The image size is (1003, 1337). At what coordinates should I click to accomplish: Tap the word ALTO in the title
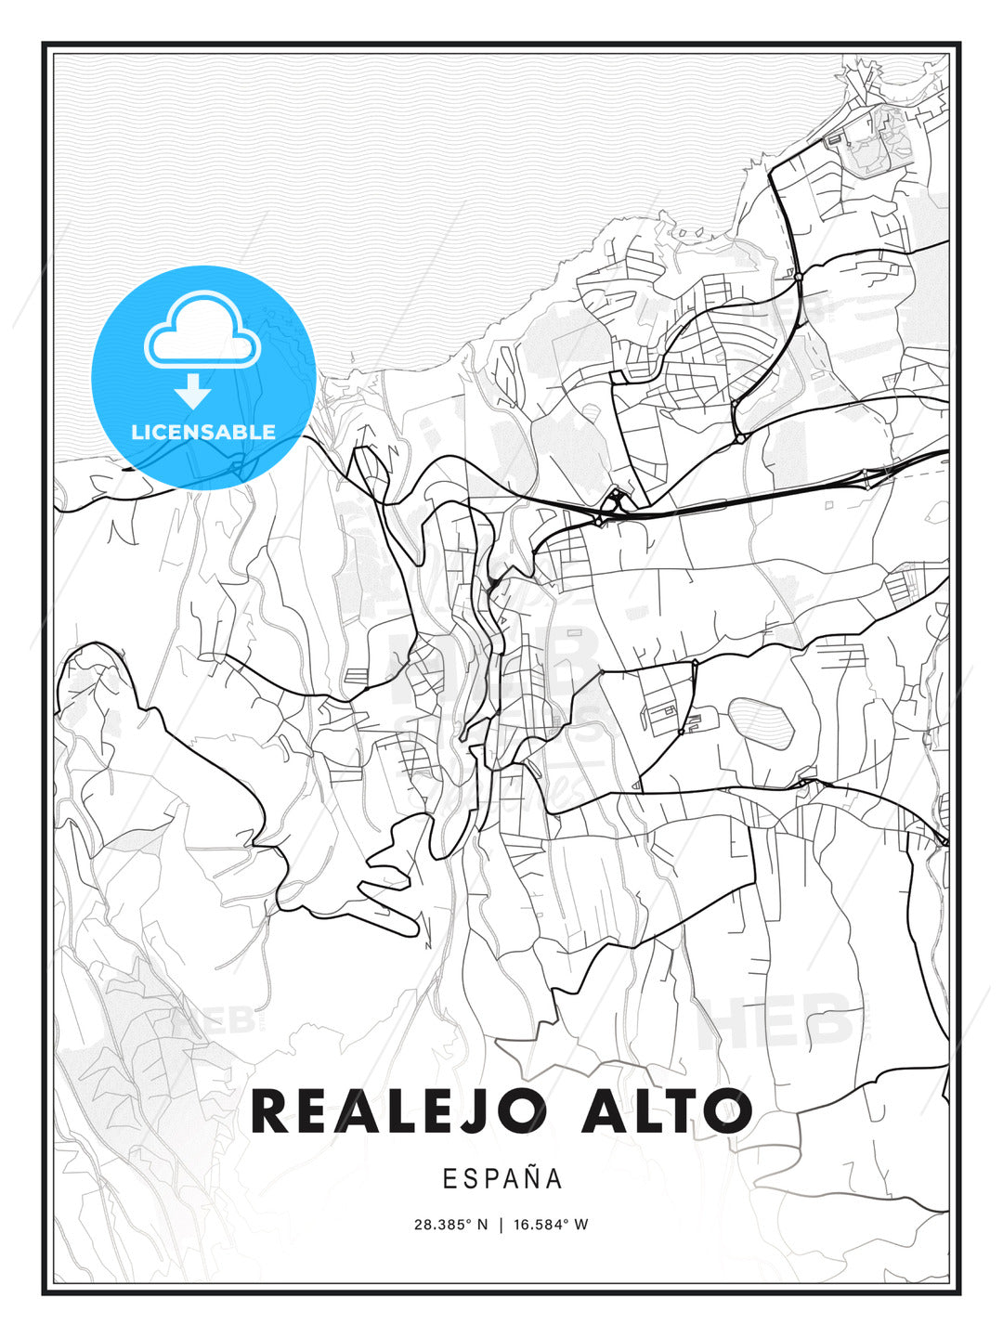(666, 1111)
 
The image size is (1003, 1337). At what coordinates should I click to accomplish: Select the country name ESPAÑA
(502, 1179)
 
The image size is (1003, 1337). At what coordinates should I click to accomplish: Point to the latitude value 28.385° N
(450, 1225)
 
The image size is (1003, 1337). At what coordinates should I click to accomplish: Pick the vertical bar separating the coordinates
(501, 1225)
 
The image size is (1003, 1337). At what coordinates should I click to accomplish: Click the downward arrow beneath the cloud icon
(193, 391)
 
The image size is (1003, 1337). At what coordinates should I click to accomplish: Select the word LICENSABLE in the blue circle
(203, 432)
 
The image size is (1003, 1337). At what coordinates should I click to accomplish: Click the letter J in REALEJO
(484, 1111)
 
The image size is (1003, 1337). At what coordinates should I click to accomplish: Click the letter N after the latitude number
(482, 1225)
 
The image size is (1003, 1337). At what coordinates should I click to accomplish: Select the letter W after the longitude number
(581, 1225)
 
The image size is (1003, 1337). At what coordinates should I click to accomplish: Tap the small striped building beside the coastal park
(833, 140)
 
